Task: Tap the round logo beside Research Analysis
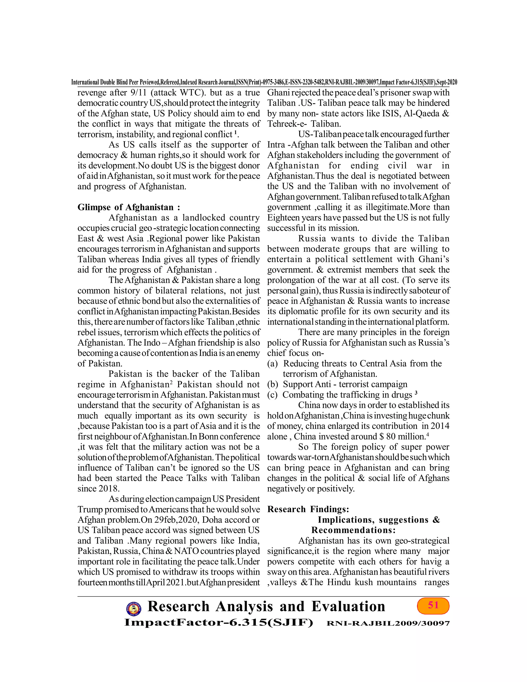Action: click(133, 615)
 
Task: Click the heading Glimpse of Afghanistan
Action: click(129, 207)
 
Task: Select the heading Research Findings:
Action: click(308, 509)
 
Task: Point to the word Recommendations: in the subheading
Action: click(353, 530)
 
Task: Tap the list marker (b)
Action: click(273, 384)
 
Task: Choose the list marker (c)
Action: click(273, 395)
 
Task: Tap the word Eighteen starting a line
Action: click(282, 218)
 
